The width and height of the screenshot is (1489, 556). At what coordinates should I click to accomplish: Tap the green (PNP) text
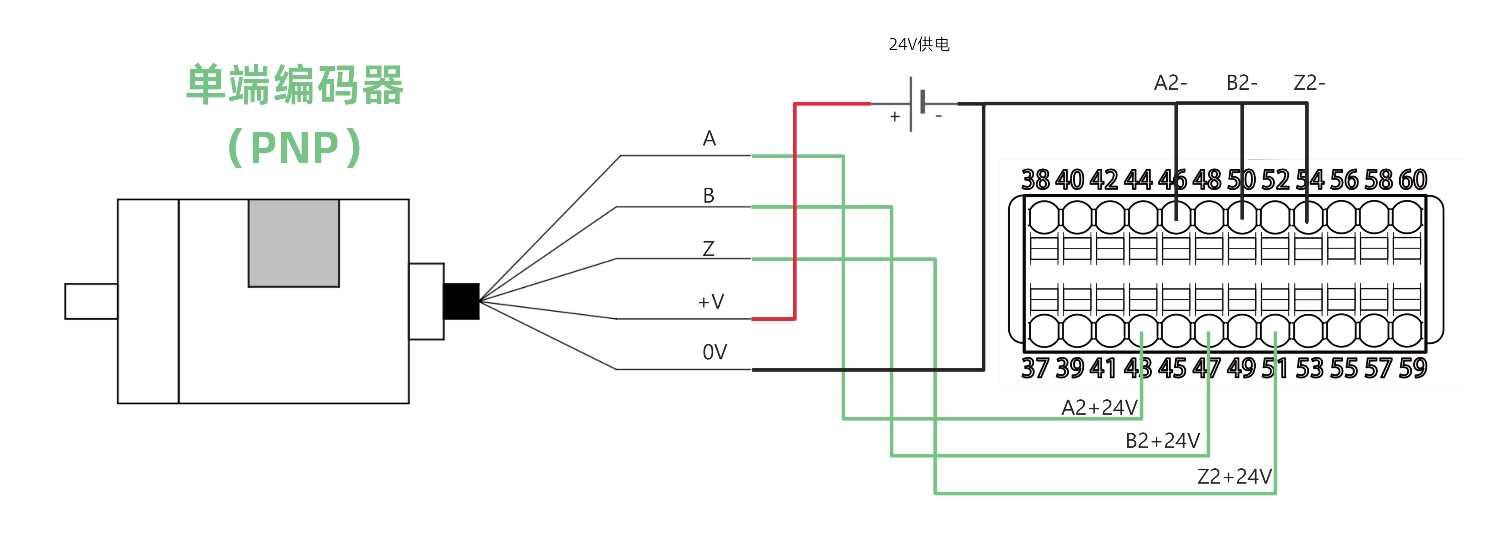click(295, 148)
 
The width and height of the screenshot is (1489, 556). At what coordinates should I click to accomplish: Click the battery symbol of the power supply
click(916, 104)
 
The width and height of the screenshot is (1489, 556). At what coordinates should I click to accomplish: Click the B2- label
click(1242, 83)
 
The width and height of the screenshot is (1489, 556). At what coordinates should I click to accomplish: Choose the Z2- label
click(1309, 83)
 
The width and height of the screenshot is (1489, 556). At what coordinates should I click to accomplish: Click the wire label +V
click(711, 301)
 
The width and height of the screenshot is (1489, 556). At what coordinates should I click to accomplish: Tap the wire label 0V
click(714, 352)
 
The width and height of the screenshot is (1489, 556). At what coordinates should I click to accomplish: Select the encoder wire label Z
click(709, 249)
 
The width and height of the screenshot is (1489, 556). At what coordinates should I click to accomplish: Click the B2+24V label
click(1162, 441)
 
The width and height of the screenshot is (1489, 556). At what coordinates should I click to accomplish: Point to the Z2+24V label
click(1234, 476)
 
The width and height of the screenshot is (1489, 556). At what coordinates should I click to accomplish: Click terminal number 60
click(1413, 180)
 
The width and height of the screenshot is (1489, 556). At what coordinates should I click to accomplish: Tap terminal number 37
click(1035, 368)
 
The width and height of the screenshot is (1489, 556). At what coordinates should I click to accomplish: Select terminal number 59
click(1413, 368)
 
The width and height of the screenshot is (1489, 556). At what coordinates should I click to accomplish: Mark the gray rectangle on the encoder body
click(294, 243)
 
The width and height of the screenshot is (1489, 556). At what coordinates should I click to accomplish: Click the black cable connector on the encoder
click(461, 301)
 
